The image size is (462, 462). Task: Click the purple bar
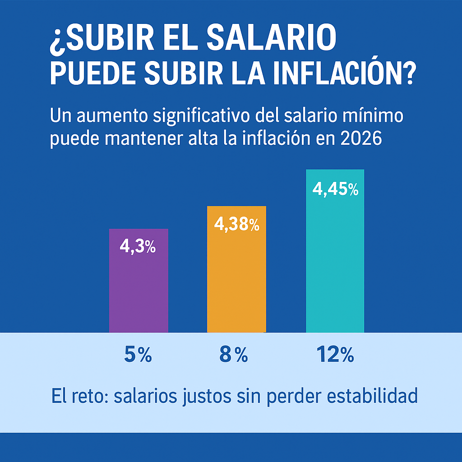pos(139,289)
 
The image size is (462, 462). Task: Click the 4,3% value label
pos(138,246)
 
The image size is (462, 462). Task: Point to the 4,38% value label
pos(236,224)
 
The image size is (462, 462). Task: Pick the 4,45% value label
pos(335,189)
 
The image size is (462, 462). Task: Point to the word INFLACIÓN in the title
pos(342,75)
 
